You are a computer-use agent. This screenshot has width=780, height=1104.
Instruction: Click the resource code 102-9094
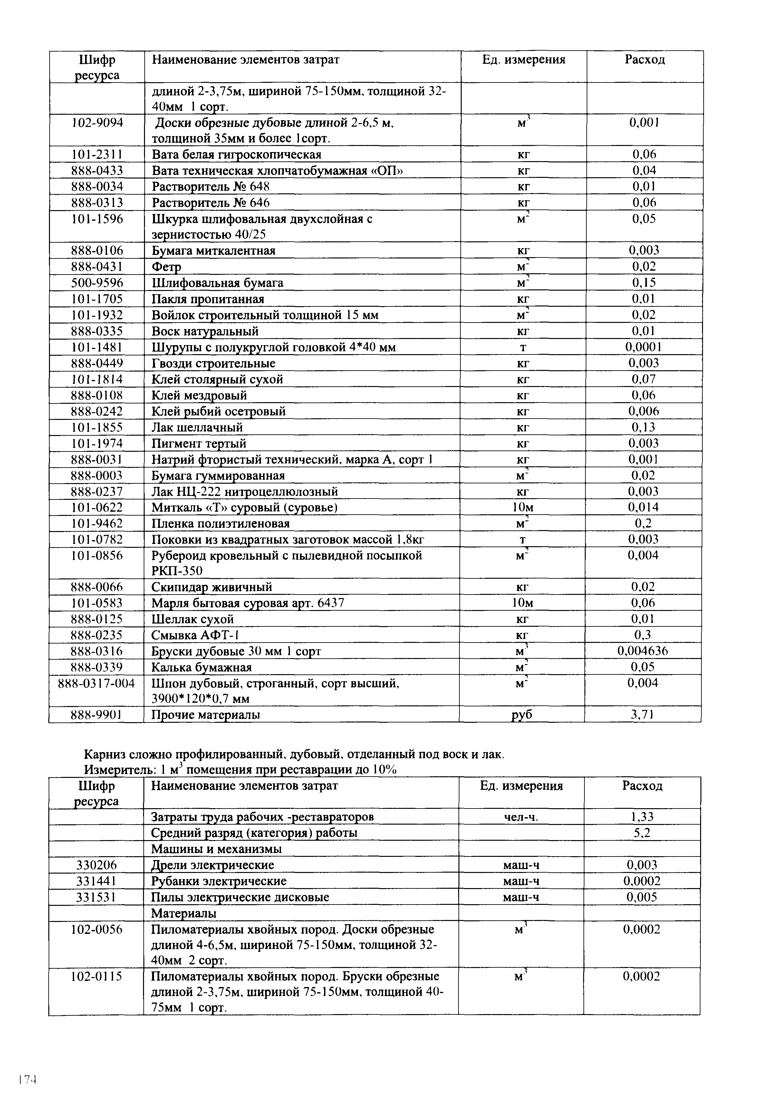[x=97, y=123]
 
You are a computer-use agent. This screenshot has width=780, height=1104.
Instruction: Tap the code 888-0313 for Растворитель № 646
[x=97, y=202]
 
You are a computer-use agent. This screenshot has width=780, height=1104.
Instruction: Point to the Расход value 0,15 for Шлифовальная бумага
[x=644, y=283]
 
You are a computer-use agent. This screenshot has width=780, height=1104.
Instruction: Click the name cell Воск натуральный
[x=205, y=331]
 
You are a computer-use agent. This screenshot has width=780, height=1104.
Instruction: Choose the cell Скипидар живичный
[x=212, y=587]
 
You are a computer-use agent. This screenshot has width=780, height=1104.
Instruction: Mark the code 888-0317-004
[x=96, y=683]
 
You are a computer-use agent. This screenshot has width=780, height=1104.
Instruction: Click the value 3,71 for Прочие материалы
[x=643, y=715]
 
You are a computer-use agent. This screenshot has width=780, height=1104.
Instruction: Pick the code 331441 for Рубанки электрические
[x=96, y=881]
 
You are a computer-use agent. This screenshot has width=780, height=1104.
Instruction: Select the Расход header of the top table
[x=645, y=60]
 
